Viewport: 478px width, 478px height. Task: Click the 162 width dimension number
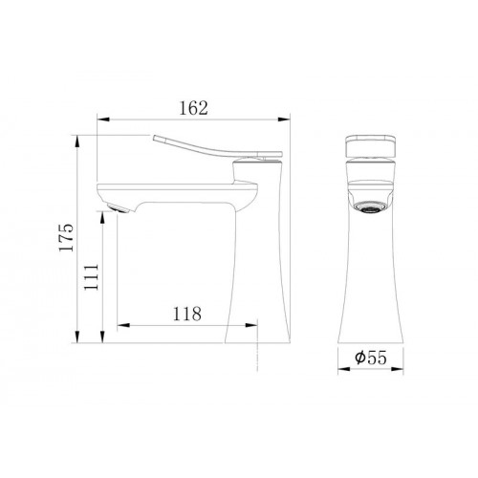193,108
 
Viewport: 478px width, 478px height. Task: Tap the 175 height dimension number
66,238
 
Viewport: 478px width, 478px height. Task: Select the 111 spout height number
92,276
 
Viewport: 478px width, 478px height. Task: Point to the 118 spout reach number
187,314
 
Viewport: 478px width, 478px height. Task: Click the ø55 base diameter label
371,358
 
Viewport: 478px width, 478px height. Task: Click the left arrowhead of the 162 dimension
103,119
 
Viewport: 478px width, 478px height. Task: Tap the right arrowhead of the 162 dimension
284,119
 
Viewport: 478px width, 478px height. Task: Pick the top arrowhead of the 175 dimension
76,141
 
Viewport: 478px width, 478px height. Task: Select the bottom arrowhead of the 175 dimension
76,337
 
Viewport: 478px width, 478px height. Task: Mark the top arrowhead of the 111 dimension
102,218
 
